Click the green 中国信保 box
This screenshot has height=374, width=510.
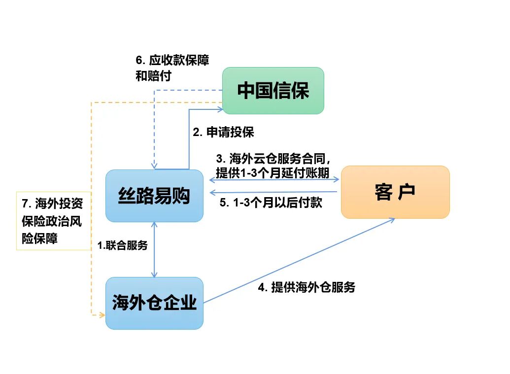click(x=273, y=91)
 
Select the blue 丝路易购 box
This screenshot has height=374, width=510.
click(x=154, y=196)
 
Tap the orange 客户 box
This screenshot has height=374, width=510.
click(x=395, y=192)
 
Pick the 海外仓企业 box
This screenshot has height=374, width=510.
click(x=154, y=303)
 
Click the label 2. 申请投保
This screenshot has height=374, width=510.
click(x=223, y=132)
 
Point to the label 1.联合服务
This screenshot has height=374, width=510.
click(x=122, y=245)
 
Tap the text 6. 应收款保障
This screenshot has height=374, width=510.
click(x=172, y=61)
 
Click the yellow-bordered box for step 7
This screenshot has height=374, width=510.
click(x=54, y=221)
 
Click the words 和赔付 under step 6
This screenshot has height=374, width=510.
click(x=153, y=76)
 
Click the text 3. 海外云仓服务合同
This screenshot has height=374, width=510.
click(x=272, y=159)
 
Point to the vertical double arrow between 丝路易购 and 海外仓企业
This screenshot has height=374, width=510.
click(x=155, y=249)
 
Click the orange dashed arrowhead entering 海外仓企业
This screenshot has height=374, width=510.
click(x=102, y=314)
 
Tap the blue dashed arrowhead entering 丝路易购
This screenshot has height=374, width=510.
click(x=155, y=166)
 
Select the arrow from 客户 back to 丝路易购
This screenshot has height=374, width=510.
click(x=273, y=192)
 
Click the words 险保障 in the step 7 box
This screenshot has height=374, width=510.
click(x=40, y=239)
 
